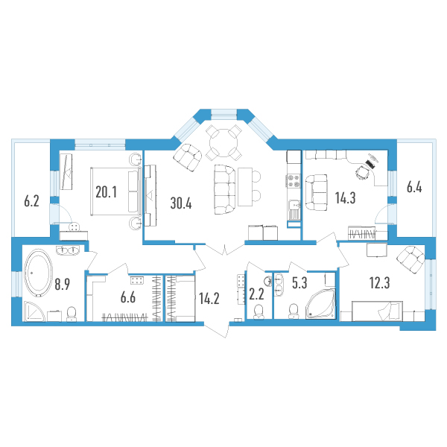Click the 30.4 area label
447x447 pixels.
coord(181,203)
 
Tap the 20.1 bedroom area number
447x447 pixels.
coord(106,192)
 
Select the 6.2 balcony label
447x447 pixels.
coord(31,201)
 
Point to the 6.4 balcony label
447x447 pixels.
coord(414,187)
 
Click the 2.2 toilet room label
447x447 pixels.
coord(256,294)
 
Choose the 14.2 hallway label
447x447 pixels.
coord(209,299)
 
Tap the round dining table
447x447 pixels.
coord(223,142)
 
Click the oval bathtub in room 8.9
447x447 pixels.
coord(39,273)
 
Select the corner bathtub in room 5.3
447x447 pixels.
coord(320,304)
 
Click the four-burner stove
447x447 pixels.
coord(294,181)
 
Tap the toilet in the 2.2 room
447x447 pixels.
coord(259,311)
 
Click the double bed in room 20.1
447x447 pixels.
coord(115,191)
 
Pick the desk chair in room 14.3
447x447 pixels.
coord(362,172)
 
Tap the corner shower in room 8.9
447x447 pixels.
coord(34,311)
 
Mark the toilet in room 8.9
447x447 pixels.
coord(72,314)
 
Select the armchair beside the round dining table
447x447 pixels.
coord(188,158)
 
